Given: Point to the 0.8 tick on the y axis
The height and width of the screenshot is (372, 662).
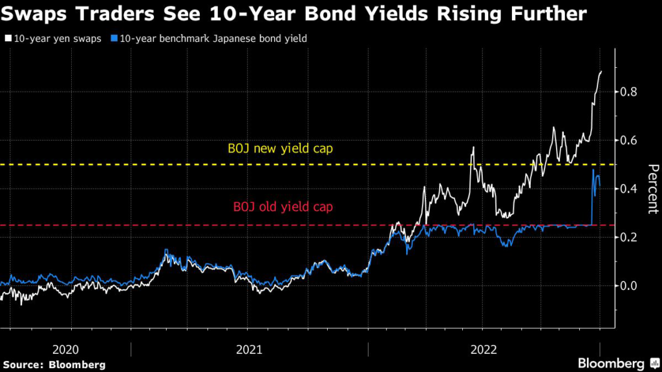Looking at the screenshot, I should tap(629, 92).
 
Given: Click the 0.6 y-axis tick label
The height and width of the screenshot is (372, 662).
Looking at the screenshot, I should tap(629, 141).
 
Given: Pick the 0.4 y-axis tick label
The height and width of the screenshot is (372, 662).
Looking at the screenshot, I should tap(629, 189).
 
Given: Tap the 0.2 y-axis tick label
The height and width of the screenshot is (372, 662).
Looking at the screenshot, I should tap(629, 238).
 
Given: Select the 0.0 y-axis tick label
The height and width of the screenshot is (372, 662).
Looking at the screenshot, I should tap(629, 286).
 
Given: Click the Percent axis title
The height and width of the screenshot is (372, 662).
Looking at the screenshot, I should tap(650, 189).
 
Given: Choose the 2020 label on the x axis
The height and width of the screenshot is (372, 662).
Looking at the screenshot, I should tap(65, 349).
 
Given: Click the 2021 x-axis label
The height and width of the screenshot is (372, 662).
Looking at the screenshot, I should tap(250, 349).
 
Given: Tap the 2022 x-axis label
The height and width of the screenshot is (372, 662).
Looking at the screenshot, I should tap(484, 349).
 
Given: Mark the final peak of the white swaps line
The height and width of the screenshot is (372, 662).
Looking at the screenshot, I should tap(601, 72).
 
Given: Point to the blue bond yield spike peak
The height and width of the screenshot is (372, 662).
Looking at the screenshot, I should tap(593, 170).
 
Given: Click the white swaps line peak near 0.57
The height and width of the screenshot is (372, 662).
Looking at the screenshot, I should tap(474, 148).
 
